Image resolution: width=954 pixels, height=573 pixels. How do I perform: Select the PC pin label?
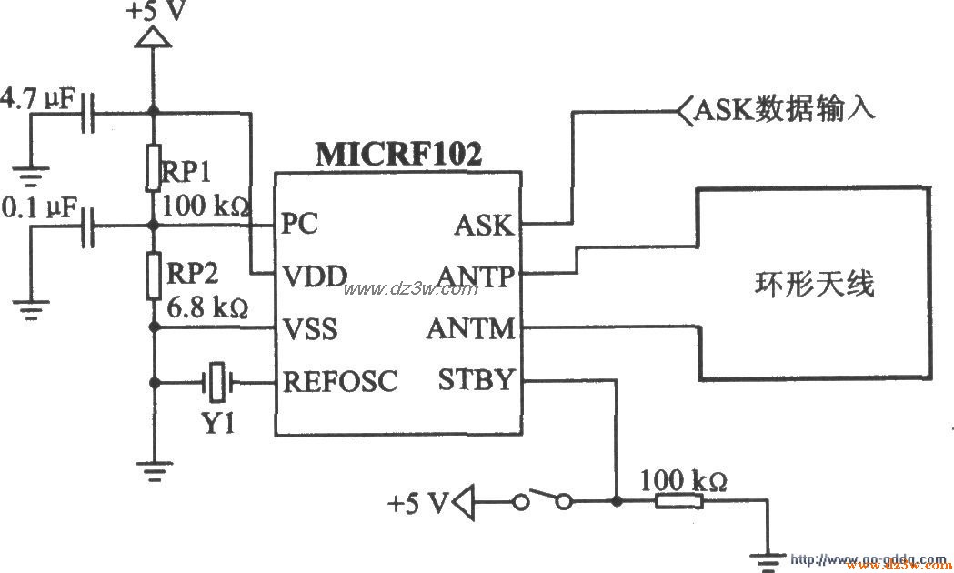point(300,224)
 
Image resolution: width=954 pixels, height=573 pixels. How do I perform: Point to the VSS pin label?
point(310,328)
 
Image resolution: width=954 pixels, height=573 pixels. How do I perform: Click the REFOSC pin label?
point(340,381)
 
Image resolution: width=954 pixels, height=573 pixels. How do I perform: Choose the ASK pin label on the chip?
point(484,225)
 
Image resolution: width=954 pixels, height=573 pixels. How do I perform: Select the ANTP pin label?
point(476,275)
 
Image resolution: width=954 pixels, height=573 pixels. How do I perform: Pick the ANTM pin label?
point(470,328)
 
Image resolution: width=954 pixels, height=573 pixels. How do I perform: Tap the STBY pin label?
point(477,380)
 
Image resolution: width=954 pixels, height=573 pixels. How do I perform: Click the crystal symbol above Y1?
point(216,382)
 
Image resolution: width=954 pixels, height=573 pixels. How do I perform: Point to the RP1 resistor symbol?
point(153,166)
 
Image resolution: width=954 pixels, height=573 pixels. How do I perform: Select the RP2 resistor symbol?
point(153,276)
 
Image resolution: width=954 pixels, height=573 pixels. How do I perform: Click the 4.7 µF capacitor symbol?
point(88,114)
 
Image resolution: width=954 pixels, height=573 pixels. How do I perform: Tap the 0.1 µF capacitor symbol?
point(88,225)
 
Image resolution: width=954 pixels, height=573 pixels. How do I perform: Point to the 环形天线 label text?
point(814,284)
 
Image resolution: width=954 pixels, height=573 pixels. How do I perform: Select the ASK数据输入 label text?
point(784,111)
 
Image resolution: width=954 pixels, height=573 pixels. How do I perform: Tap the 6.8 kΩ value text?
point(207,307)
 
